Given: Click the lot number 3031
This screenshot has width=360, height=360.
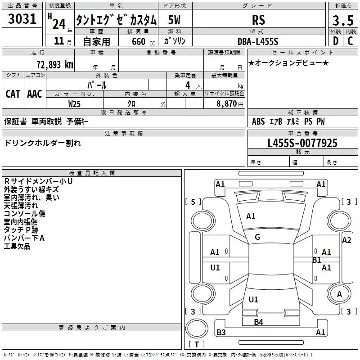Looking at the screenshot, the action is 22,20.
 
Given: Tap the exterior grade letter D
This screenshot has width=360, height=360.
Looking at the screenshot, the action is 335,40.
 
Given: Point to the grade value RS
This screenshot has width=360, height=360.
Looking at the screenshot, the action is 259,20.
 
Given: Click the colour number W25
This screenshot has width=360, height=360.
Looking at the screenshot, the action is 75,103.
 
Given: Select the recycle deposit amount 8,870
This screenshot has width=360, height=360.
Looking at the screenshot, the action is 227,103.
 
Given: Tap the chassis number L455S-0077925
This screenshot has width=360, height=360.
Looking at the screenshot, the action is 302,143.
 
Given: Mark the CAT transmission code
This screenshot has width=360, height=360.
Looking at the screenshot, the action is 13,94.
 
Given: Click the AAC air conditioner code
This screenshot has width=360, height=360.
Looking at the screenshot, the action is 35,94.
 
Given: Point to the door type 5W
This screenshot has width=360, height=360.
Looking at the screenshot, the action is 175,20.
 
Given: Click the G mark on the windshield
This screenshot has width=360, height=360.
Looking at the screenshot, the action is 257,237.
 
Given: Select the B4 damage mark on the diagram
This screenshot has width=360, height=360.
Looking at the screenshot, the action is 258,322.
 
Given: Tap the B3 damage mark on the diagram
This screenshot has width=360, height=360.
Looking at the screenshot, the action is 221,333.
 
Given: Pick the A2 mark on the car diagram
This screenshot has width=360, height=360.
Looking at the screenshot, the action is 346,240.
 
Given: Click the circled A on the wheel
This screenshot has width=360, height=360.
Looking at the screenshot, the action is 340,294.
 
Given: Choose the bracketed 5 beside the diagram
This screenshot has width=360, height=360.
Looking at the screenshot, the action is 193,202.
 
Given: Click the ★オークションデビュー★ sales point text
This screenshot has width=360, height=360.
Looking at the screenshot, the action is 288,63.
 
